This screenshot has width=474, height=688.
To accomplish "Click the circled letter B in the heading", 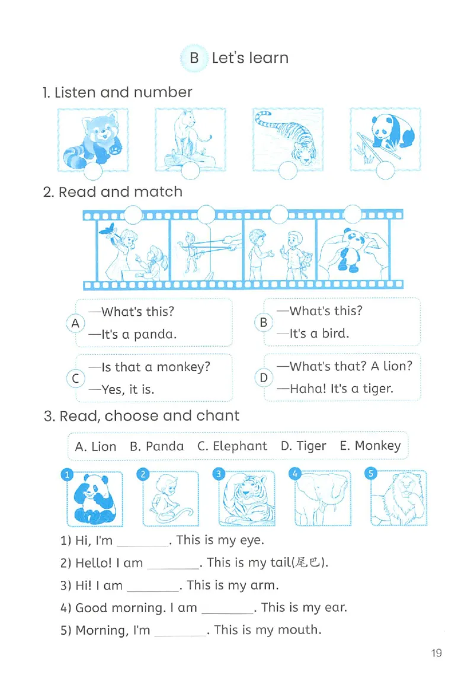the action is click(x=194, y=58).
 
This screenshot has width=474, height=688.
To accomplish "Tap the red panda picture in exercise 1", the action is click(x=93, y=139).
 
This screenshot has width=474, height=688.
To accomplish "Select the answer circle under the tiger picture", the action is click(x=288, y=170).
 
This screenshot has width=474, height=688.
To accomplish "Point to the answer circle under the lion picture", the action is click(x=190, y=170).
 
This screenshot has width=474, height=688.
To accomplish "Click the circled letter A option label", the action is click(x=75, y=324).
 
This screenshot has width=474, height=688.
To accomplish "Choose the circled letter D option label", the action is click(x=263, y=377).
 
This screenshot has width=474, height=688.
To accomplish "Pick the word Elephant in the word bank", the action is click(x=239, y=446).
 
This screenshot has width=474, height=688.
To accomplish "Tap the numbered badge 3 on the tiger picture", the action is click(x=219, y=474).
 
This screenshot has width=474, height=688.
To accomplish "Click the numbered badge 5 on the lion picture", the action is click(x=371, y=473).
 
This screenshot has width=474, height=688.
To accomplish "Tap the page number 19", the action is click(x=436, y=653).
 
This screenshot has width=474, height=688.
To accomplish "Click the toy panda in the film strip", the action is click(x=354, y=250).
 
